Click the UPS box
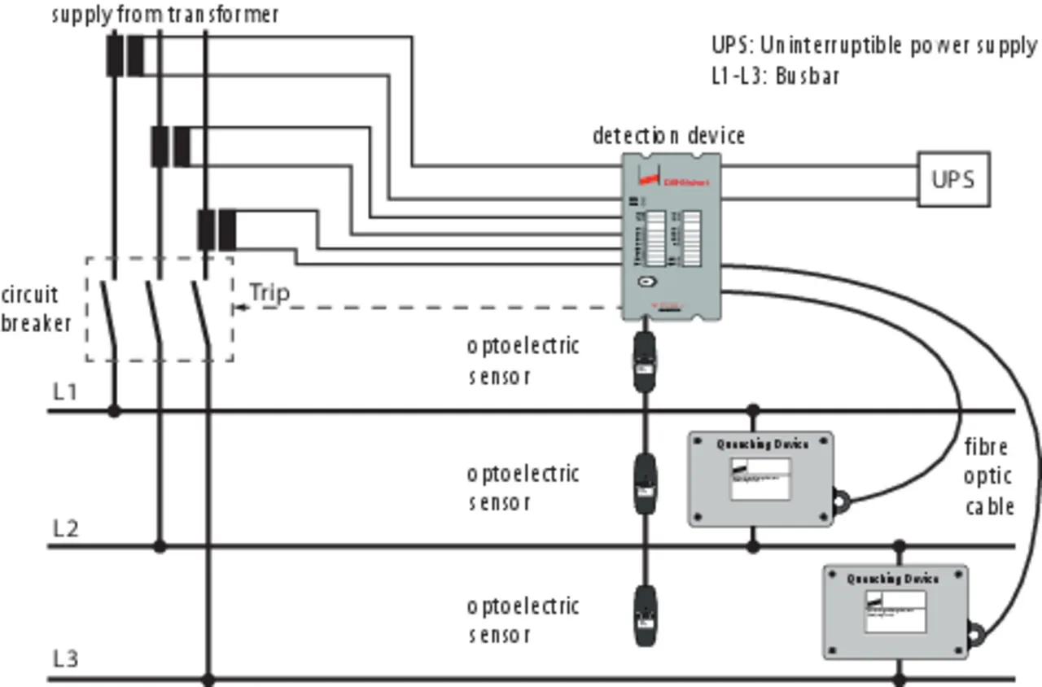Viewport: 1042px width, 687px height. coord(953,179)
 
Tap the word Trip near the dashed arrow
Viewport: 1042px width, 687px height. coord(269,292)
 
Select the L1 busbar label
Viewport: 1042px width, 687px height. coord(65,392)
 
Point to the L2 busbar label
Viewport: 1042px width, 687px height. coord(65,528)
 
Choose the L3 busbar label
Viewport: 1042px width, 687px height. coord(65,659)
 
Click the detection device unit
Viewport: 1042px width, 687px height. coord(672,236)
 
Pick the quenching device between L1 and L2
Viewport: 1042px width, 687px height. coord(761,479)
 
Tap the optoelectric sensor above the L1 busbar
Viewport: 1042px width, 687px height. coord(645,361)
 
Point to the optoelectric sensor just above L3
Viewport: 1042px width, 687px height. coord(645,616)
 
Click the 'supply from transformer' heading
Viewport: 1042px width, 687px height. coord(165,15)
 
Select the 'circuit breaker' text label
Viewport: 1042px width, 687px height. coord(35,308)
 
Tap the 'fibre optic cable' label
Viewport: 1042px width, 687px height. coord(989,476)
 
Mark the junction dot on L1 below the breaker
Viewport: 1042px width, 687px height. coord(114,411)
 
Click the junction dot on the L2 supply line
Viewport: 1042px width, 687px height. coord(160,546)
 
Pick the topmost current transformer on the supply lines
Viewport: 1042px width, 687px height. coord(125,55)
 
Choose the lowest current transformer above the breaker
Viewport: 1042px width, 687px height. coord(217,230)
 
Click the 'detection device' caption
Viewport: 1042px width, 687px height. coord(668,135)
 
